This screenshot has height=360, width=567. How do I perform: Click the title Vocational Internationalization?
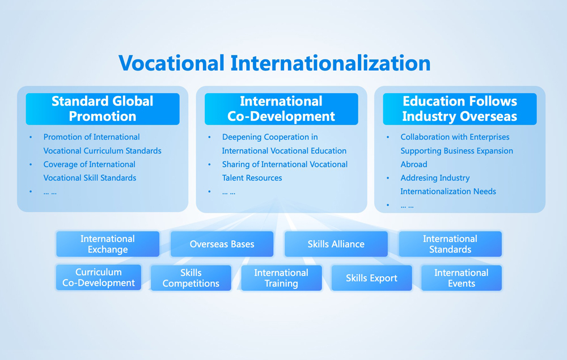274,63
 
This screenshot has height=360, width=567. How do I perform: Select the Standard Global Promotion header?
103,109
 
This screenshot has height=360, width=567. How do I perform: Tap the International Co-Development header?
281,109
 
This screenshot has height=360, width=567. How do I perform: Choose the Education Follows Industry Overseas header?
460,109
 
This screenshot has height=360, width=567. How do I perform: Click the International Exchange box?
108,244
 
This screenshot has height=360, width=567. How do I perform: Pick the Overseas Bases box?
222,244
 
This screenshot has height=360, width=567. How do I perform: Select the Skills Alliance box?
336,244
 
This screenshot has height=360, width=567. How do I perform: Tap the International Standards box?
450,244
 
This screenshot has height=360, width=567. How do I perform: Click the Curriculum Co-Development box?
99,277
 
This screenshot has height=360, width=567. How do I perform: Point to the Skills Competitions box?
191,278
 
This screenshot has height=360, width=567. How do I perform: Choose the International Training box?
281,278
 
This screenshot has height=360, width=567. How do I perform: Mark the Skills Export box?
372,278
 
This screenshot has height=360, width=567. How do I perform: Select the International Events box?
462,278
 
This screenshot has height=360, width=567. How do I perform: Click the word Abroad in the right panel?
414,164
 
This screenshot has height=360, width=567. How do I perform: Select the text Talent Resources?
252,178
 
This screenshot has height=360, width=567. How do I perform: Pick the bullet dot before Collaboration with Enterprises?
388,137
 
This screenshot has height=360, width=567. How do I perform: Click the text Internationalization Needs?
448,192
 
